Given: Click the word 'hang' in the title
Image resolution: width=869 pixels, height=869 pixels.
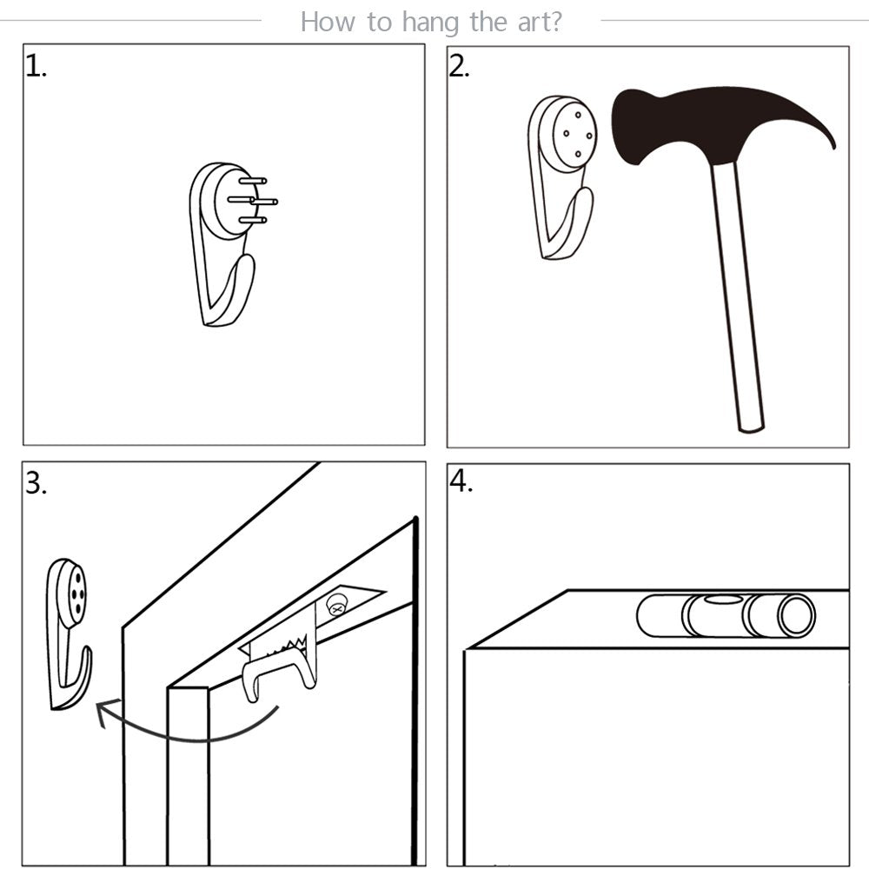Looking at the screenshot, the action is [x=431, y=23].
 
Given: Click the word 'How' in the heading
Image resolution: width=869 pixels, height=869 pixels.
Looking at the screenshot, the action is [x=328, y=23].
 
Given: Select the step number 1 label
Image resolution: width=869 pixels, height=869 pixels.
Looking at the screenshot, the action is [x=36, y=67].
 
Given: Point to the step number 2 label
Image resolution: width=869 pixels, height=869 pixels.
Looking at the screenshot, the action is [x=459, y=67].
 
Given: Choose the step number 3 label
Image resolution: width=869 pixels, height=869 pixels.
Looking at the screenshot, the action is [x=36, y=483].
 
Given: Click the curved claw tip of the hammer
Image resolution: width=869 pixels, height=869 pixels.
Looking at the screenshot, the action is [x=833, y=148].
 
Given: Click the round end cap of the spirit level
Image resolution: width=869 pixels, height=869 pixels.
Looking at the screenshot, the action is [x=797, y=616].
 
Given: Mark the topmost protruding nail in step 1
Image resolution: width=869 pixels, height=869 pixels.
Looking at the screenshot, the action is [x=253, y=181].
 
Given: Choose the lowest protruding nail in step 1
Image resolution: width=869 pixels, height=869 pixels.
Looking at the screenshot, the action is [x=253, y=220].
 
